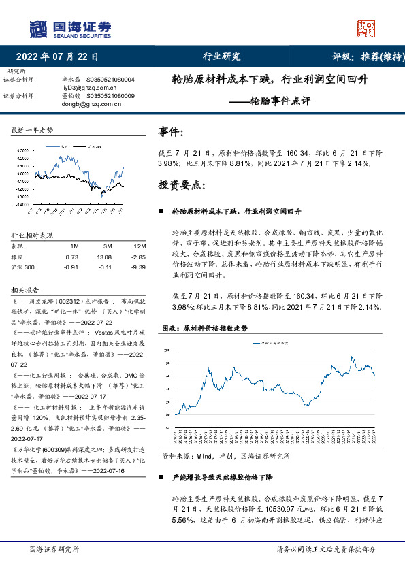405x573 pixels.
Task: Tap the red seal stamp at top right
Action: click(366, 28)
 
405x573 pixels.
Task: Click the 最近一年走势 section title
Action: click(33, 129)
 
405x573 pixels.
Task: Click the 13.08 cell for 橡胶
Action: click(104, 257)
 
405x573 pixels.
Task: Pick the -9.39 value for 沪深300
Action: click(138, 267)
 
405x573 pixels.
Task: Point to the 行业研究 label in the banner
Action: click(221, 57)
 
